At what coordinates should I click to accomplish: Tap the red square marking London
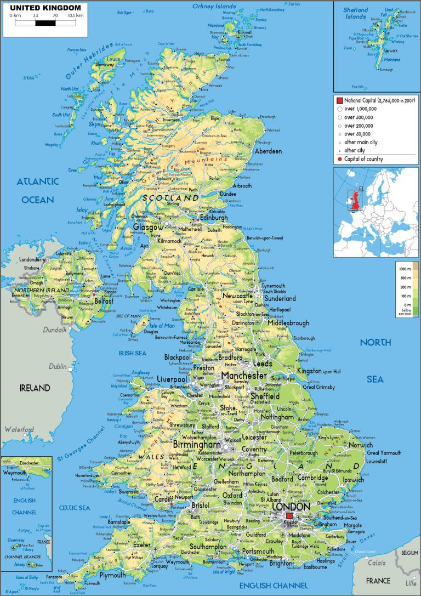(290, 516)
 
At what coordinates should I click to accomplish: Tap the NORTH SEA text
(376, 360)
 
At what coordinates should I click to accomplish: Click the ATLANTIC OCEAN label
(37, 190)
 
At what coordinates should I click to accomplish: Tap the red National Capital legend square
(339, 101)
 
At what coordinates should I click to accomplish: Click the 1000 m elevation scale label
(405, 269)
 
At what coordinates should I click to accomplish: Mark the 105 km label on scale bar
(76, 16)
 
